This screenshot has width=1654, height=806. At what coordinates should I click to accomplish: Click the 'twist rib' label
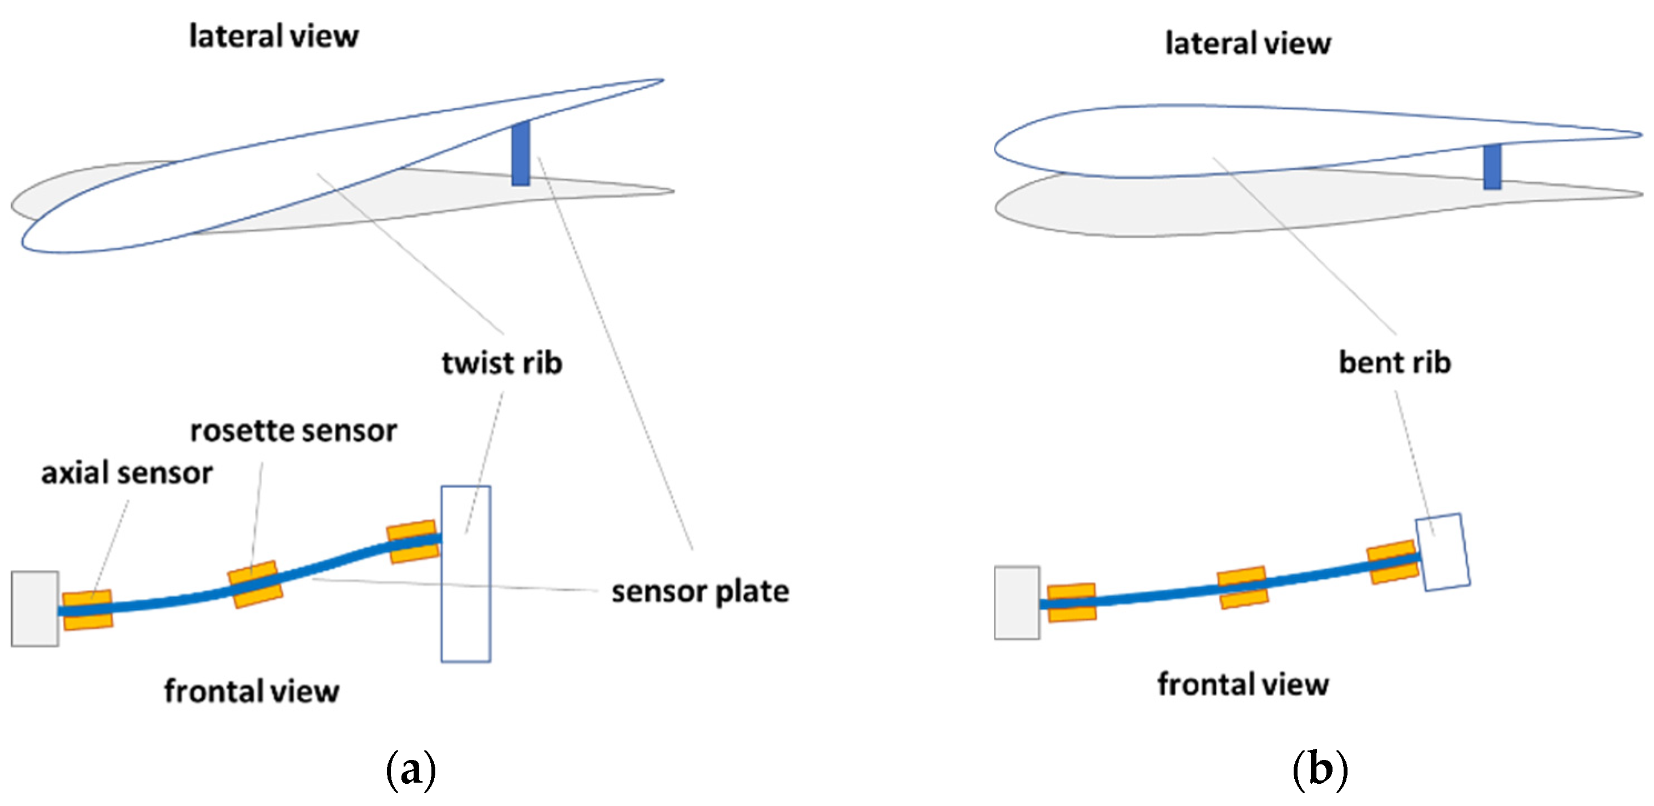(501, 363)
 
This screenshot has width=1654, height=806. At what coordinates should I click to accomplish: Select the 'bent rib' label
(1394, 363)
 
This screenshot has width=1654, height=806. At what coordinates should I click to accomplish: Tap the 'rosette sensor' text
(293, 431)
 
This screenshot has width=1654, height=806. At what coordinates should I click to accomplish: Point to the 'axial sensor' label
(127, 473)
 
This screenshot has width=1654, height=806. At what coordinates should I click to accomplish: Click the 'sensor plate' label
(700, 592)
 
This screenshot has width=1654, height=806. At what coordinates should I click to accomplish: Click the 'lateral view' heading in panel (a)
(274, 36)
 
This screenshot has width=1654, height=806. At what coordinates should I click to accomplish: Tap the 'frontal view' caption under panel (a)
(251, 692)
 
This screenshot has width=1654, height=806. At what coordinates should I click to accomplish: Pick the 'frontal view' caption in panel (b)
(1243, 684)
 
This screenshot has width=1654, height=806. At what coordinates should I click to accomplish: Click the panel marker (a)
(411, 769)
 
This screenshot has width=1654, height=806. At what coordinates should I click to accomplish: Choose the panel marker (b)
(1319, 769)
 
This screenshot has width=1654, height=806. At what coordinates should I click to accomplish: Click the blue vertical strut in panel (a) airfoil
(520, 153)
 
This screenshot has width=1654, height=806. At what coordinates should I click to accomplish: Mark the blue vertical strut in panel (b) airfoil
(1491, 167)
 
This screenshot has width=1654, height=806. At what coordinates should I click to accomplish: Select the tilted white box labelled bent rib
(1443, 552)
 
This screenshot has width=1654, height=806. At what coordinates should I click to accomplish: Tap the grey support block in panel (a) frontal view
(34, 608)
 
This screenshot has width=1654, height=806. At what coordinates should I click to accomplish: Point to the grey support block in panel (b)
(1017, 602)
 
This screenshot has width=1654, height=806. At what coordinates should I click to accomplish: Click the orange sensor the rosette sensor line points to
(255, 584)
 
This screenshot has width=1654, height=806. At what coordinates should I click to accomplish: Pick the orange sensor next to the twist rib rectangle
(413, 542)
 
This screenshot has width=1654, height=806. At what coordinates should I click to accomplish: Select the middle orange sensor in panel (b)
(1243, 587)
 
